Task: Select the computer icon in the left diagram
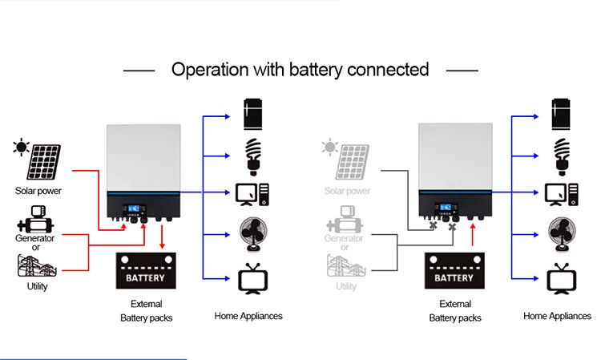click(x=252, y=194)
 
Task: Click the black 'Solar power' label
click(x=38, y=191)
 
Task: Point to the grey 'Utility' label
click(x=346, y=286)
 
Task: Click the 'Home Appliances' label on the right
click(x=558, y=316)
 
